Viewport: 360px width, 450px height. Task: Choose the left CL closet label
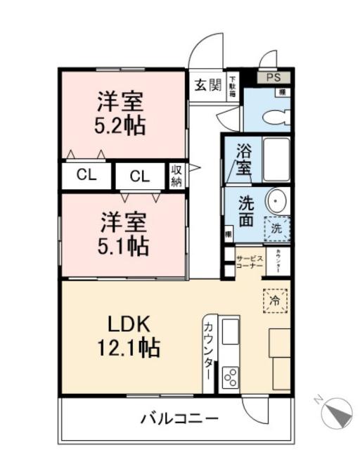(x=86, y=175)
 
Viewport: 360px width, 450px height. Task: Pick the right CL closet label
(x=139, y=176)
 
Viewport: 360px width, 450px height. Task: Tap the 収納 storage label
(x=176, y=176)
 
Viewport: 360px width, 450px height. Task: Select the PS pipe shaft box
(x=273, y=78)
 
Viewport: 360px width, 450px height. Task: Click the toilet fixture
(x=281, y=115)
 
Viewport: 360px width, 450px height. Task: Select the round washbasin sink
(x=275, y=202)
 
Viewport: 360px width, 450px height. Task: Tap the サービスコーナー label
(x=249, y=262)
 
